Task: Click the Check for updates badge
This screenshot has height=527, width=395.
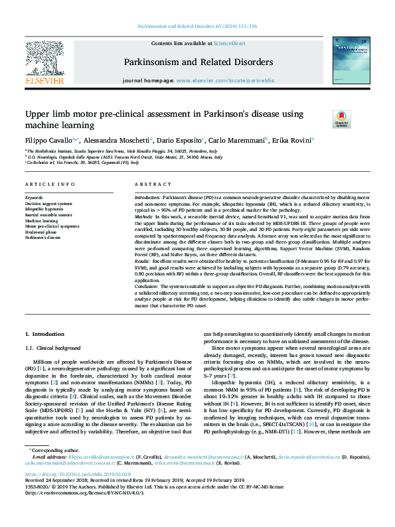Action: [342, 119]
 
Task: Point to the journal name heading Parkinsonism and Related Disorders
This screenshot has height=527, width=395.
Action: [198, 62]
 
